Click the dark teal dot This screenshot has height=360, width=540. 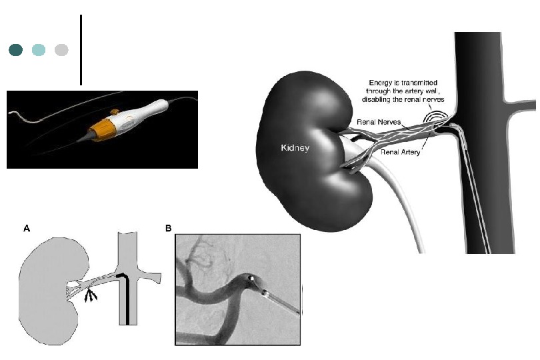coord(16,50)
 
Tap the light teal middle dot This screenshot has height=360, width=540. coord(39,50)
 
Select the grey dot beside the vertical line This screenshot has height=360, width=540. coord(61,50)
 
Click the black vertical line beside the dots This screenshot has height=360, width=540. coord(81,50)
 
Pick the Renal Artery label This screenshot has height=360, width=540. coord(400,153)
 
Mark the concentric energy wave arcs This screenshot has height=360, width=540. coord(436,118)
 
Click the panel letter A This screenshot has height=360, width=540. coord(27,228)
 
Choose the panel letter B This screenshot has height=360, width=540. coord(168,228)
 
